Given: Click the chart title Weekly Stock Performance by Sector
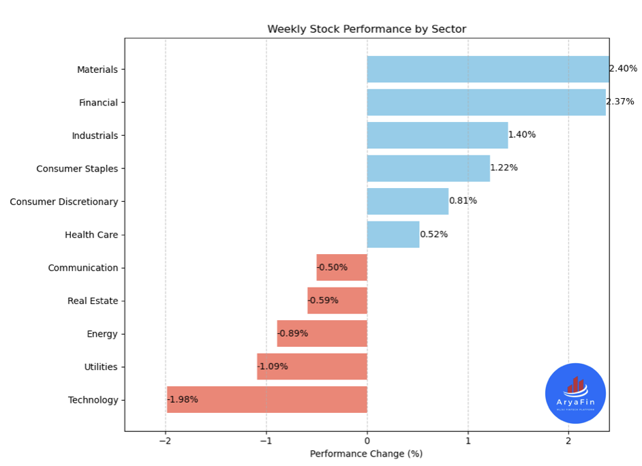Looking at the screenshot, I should pyautogui.click(x=366, y=29).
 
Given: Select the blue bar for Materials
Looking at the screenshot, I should pyautogui.click(x=487, y=69).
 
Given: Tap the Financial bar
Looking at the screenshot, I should pyautogui.click(x=486, y=102).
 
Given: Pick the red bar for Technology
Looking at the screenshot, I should pyautogui.click(x=266, y=400).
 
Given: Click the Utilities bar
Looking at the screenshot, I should pyautogui.click(x=311, y=367).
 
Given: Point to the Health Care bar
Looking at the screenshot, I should pyautogui.click(x=393, y=234).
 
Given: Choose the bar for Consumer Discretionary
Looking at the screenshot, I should pyautogui.click(x=408, y=202).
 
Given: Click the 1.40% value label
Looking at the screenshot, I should pyautogui.click(x=522, y=135).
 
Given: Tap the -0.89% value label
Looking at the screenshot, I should pyautogui.click(x=293, y=334).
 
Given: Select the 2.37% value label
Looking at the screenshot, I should pyautogui.click(x=620, y=102).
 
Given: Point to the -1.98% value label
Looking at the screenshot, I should pyautogui.click(x=183, y=400).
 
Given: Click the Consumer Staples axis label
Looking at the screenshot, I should pyautogui.click(x=77, y=169).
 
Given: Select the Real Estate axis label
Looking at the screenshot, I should pyautogui.click(x=93, y=301).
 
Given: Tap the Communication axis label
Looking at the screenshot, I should pyautogui.click(x=83, y=268).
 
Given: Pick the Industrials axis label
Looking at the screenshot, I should pyautogui.click(x=95, y=136).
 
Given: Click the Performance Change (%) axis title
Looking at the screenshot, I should pyautogui.click(x=366, y=454).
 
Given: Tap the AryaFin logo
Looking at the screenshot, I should pyautogui.click(x=575, y=393).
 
